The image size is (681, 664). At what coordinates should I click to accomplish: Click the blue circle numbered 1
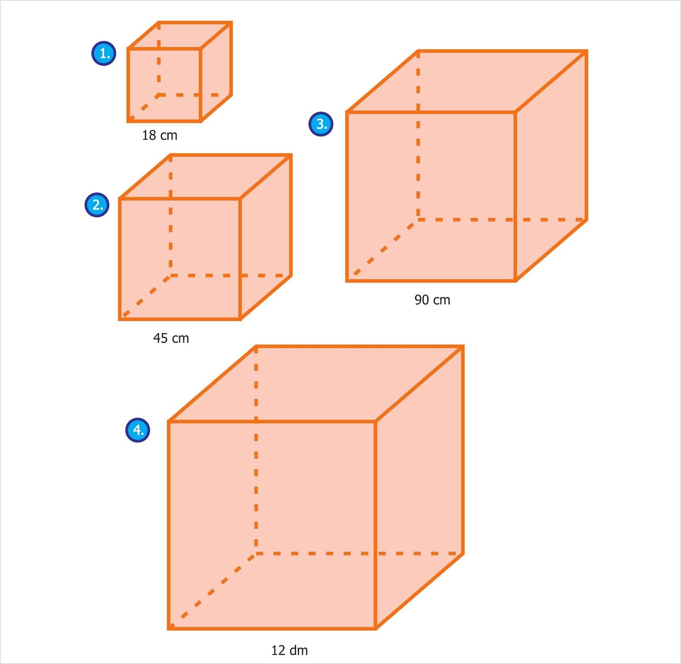point(104,53)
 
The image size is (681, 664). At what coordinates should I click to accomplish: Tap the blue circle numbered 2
point(97,205)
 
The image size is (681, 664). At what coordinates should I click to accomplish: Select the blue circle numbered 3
point(321,124)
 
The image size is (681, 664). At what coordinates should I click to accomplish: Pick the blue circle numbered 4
point(137,430)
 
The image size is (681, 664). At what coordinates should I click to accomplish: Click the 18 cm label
point(160,136)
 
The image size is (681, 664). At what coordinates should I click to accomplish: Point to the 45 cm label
point(171,338)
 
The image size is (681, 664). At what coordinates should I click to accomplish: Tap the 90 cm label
point(432,300)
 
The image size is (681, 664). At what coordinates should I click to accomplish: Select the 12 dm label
point(289,650)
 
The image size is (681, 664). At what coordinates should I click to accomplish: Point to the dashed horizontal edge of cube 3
point(468,219)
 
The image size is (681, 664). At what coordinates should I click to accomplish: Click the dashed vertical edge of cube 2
point(171,230)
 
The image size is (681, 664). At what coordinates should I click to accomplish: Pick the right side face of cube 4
point(419,486)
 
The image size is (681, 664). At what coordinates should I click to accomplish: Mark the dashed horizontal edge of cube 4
point(315,553)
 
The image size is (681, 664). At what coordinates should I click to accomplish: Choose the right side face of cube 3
point(551,166)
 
